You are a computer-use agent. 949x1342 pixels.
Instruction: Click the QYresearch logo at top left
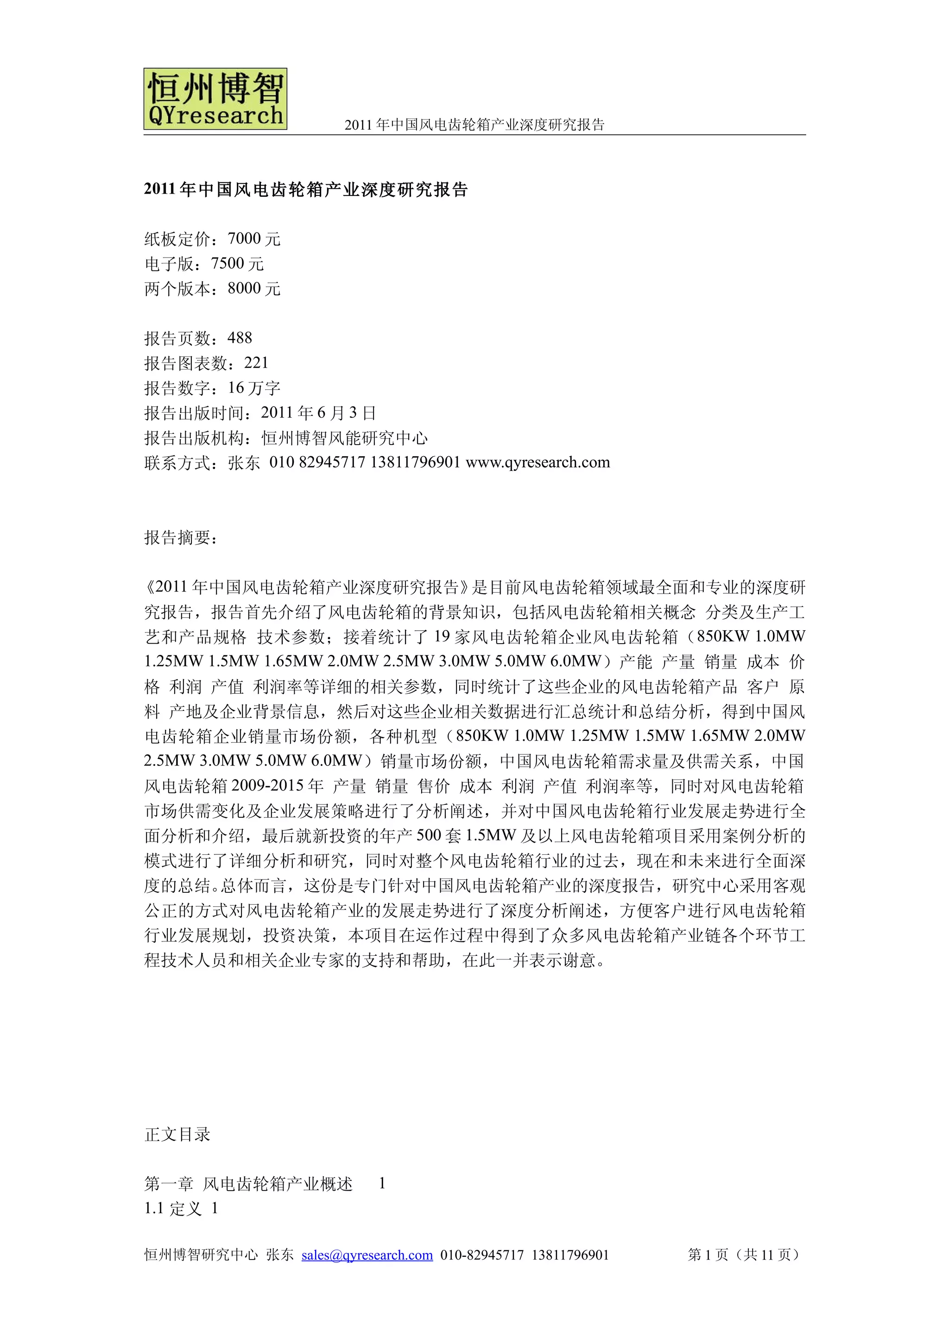click(x=215, y=99)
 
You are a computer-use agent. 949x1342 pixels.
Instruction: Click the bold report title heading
click(x=306, y=189)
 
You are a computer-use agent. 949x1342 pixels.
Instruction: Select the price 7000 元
click(x=254, y=238)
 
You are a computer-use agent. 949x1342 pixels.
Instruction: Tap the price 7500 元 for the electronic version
click(x=237, y=263)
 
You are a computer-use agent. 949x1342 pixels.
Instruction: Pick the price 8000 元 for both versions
click(x=254, y=288)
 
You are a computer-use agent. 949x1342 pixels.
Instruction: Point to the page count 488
click(x=240, y=338)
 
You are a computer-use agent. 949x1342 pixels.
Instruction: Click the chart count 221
click(x=256, y=363)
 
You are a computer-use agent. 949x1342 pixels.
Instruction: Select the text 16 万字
click(x=254, y=388)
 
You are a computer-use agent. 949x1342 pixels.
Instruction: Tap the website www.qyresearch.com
click(x=538, y=462)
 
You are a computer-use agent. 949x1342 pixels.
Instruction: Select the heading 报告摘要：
click(x=181, y=537)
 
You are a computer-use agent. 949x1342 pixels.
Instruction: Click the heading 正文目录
click(x=177, y=1135)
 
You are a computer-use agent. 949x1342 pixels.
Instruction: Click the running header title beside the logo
click(x=474, y=125)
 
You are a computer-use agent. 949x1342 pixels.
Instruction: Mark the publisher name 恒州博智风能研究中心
click(x=344, y=438)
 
